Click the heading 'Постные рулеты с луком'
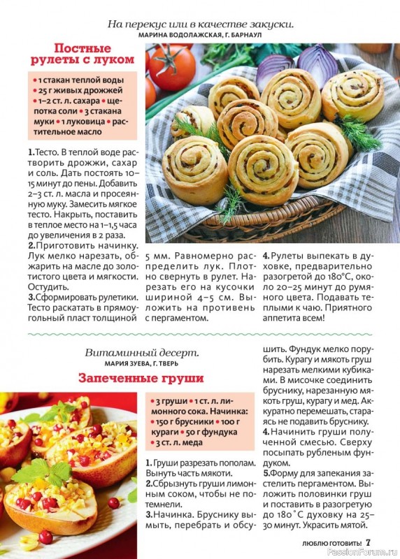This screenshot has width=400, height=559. point(83,54)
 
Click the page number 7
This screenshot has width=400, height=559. point(369,542)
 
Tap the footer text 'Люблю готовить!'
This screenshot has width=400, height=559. point(322,543)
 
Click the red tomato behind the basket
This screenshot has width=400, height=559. point(171,68)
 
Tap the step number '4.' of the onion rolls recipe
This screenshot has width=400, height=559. point(266,256)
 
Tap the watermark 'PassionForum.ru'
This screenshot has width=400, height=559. point(364,551)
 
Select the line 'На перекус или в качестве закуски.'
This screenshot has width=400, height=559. point(200,23)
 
